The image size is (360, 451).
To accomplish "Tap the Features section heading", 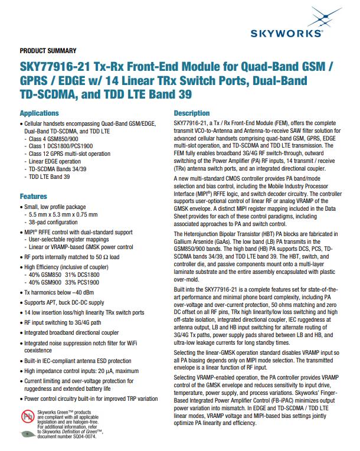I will (x=34, y=195).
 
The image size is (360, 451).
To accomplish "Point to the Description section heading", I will (x=192, y=113).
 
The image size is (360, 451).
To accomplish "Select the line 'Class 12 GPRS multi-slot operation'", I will (x=70, y=153).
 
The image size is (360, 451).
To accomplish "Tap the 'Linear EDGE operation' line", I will (x=55, y=161).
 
